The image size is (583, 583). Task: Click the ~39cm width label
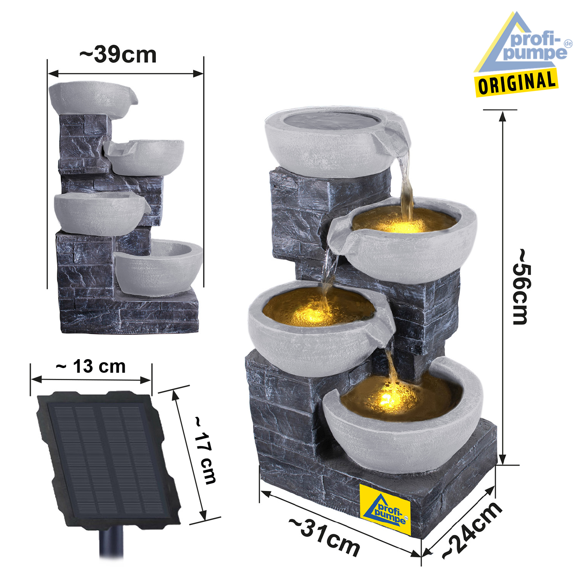pyautogui.click(x=118, y=54)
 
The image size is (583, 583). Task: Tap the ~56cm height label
pyautogui.click(x=521, y=287)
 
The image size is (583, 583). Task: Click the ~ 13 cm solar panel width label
pyautogui.click(x=91, y=367)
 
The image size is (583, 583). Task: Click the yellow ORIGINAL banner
pyautogui.click(x=517, y=83)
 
